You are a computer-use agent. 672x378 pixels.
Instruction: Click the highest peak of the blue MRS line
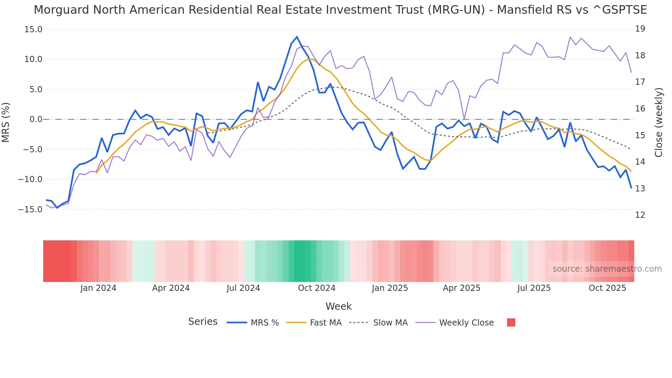[x=297, y=37]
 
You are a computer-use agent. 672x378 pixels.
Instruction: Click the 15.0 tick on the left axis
[x=33, y=29]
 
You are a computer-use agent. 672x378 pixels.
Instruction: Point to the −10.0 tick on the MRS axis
[x=30, y=179]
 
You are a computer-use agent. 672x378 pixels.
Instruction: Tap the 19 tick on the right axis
[x=640, y=29]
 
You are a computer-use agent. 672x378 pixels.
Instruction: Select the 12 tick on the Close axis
[x=640, y=215]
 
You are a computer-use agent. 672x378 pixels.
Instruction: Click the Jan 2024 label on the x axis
[x=98, y=288]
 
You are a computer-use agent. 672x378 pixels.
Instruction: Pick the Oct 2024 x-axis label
[x=316, y=288]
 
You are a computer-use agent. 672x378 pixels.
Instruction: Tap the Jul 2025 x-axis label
[x=534, y=288]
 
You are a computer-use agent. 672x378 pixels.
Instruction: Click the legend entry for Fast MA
[x=325, y=323]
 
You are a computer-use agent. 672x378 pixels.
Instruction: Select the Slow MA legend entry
[x=390, y=323]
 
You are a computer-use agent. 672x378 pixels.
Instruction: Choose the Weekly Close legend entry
[x=466, y=323]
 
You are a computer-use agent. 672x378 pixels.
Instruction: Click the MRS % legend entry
[x=264, y=323]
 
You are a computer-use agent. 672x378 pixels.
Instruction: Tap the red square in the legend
[x=511, y=322]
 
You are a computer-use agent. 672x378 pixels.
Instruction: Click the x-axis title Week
[x=338, y=306]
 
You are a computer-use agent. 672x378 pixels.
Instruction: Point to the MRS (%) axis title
[x=6, y=122]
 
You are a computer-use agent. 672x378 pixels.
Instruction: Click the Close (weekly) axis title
[x=658, y=122]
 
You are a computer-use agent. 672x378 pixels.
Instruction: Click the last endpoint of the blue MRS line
[x=631, y=188]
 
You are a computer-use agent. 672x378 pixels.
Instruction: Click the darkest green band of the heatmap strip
[x=300, y=261]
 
